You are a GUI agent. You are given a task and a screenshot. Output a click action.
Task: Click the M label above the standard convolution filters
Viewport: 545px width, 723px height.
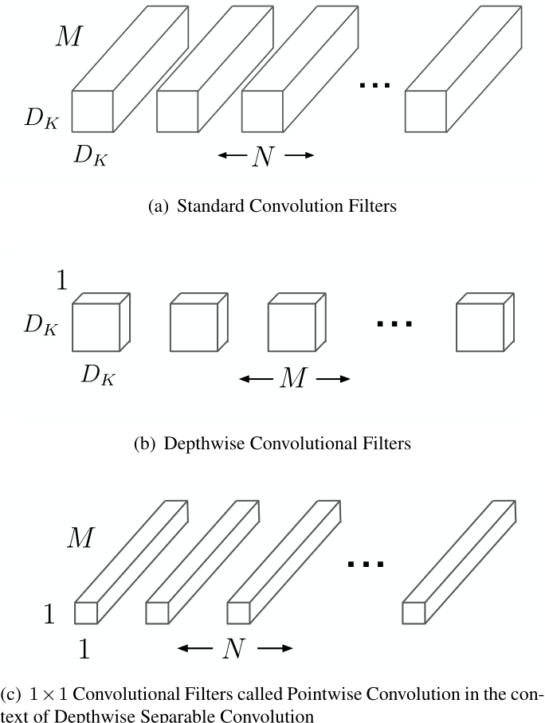coord(68,37)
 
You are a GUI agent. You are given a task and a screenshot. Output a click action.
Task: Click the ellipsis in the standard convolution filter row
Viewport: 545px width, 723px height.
coord(374,84)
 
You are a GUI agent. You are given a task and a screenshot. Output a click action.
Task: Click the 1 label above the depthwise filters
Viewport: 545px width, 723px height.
coord(61,279)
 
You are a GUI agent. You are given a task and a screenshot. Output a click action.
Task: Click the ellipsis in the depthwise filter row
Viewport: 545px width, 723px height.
coord(394,323)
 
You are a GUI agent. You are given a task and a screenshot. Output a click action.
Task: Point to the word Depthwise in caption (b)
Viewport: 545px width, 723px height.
coord(205,444)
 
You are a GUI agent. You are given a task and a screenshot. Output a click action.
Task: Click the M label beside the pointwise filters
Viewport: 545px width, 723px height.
coord(80,538)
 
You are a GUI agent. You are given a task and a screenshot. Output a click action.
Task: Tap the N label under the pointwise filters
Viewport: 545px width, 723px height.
coord(233,649)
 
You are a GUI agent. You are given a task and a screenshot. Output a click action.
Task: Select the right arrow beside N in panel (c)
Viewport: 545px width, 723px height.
coord(274,649)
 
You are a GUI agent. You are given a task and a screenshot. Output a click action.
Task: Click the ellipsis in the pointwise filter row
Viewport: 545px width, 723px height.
coord(367,564)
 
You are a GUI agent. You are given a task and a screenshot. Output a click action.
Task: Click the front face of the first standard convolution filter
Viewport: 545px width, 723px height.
coord(92,111)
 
